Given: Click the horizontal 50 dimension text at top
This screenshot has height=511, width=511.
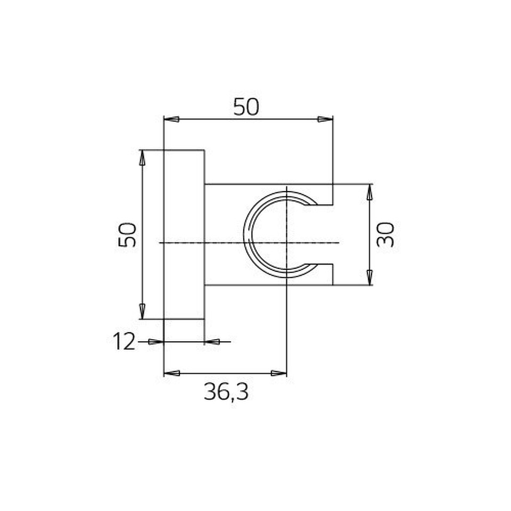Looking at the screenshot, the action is click(x=246, y=107).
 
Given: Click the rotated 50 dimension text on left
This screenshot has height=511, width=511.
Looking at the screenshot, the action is click(x=127, y=235).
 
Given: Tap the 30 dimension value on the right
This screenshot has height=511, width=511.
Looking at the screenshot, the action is click(x=385, y=235).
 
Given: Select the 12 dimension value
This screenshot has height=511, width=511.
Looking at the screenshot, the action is click(x=124, y=342).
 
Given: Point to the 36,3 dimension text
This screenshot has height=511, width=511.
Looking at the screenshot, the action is click(x=226, y=392).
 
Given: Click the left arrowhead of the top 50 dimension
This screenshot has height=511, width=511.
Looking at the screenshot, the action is click(x=171, y=119).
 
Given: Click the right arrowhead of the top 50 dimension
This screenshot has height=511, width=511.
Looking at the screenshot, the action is click(x=325, y=119).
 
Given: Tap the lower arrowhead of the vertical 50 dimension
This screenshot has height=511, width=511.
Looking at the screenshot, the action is click(x=142, y=311).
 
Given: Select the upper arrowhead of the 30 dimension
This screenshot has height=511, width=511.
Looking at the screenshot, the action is click(x=369, y=192).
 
